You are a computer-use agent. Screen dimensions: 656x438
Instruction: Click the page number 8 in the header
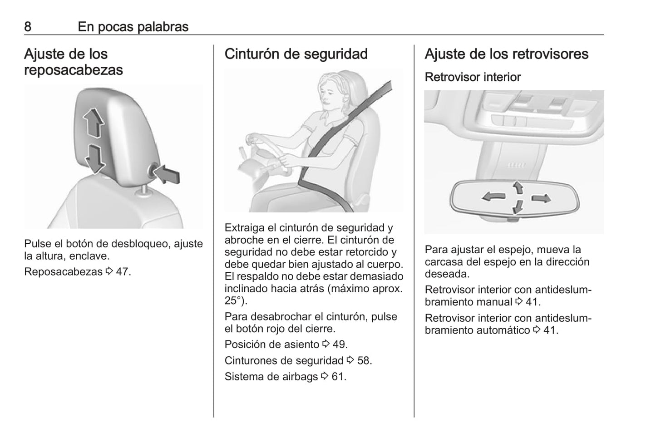pos(28,27)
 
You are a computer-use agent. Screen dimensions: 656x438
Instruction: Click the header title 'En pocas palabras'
pos(133,27)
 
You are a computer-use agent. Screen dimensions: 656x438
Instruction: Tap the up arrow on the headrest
pos(94,123)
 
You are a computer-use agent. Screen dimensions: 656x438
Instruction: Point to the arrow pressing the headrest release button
pos(167,174)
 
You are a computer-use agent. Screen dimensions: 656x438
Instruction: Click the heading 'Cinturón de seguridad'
pos(296,54)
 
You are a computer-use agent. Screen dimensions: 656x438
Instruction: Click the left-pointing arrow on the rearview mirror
pos(493,197)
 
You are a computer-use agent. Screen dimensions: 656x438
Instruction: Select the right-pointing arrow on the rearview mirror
pos(541,199)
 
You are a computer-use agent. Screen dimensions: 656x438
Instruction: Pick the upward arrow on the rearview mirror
pos(518,187)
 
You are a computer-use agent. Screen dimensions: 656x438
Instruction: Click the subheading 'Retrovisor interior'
pos(473,77)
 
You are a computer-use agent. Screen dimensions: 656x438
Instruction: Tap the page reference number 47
pos(122,272)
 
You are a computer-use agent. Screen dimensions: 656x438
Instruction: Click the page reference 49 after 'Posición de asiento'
pos(339,344)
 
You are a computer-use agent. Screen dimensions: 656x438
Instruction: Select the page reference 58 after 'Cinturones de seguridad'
pos(364,360)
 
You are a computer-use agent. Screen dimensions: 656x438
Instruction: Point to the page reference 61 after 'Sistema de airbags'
pos(337,377)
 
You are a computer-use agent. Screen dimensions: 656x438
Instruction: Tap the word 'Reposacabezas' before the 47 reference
pos(63,272)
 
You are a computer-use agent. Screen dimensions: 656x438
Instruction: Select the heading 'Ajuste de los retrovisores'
pos(507,54)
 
